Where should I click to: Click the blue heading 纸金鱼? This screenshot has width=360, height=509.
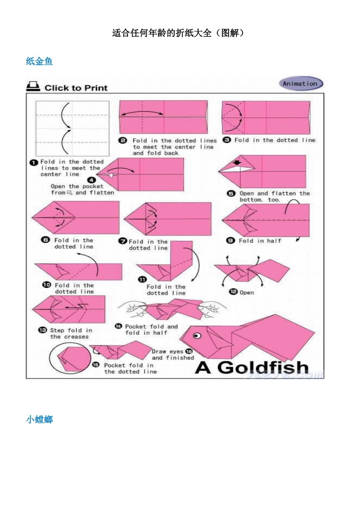pyautogui.click(x=39, y=61)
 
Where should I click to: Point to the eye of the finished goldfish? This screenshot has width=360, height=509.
pyautogui.click(x=197, y=336)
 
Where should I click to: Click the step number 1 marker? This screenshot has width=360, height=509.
pyautogui.click(x=34, y=162)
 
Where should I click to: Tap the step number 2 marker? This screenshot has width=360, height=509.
pyautogui.click(x=123, y=141)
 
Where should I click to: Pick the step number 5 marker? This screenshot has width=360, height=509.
pyautogui.click(x=231, y=194)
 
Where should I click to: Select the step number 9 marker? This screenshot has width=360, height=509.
pyautogui.click(x=230, y=240)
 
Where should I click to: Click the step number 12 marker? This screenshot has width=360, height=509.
pyautogui.click(x=233, y=292)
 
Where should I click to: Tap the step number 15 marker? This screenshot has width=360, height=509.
pyautogui.click(x=96, y=365)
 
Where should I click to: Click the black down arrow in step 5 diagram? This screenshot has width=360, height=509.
pyautogui.click(x=237, y=162)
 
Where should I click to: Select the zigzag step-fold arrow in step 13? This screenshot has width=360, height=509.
pyautogui.click(x=77, y=306)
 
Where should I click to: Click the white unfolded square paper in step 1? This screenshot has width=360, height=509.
pyautogui.click(x=72, y=128)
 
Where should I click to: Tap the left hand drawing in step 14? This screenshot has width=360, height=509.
pyautogui.click(x=133, y=309)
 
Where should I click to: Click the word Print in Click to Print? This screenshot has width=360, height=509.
pyautogui.click(x=96, y=88)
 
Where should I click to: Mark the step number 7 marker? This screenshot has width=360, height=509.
pyautogui.click(x=123, y=241)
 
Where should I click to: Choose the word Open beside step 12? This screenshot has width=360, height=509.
pyautogui.click(x=247, y=293)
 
